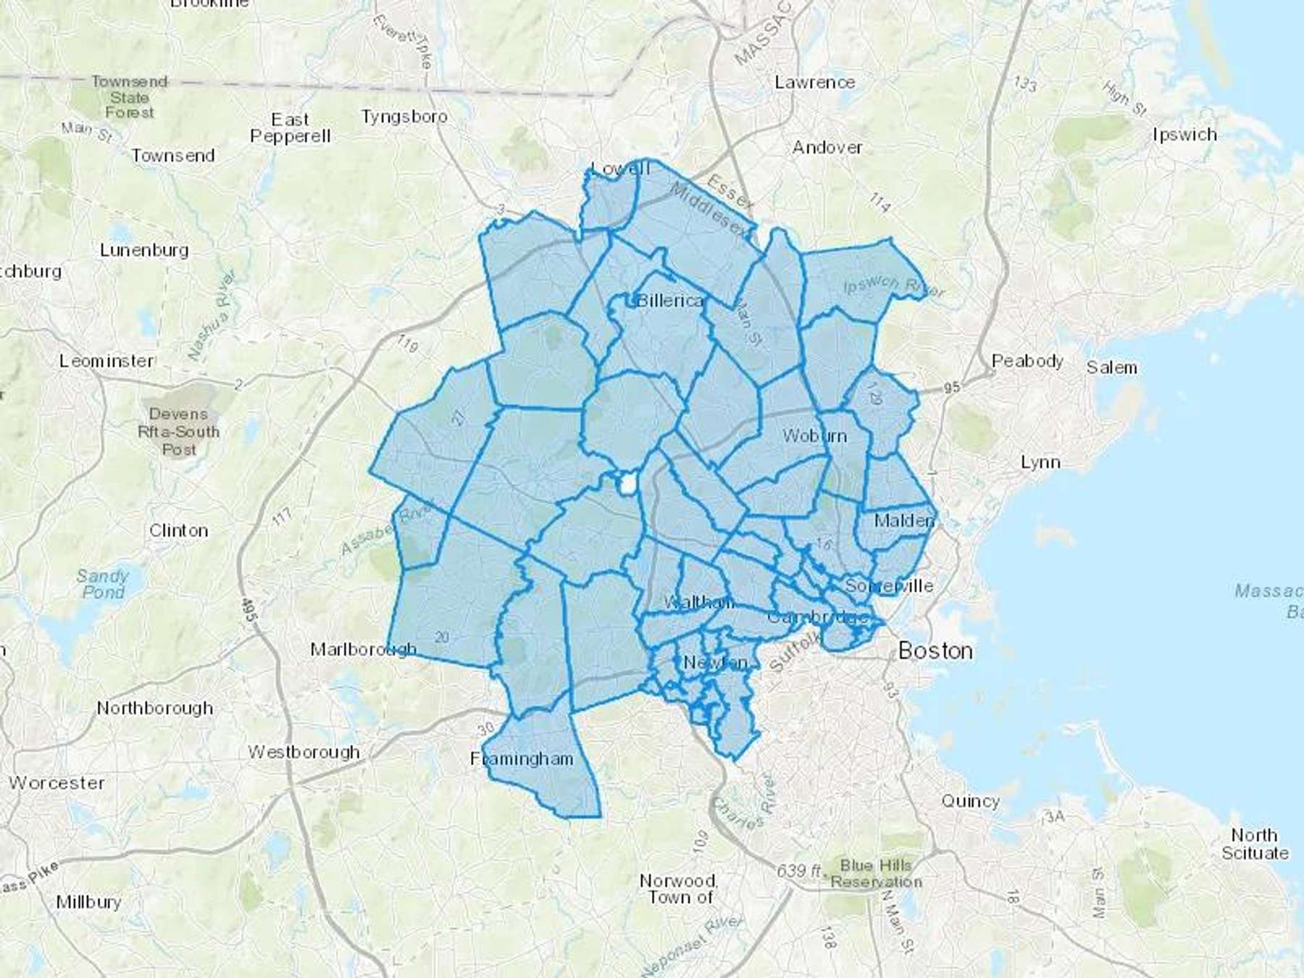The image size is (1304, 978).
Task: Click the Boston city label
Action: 935,651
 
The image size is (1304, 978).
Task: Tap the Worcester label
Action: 57,782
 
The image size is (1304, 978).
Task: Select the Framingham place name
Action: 522,758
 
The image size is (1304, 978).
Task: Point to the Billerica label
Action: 670,300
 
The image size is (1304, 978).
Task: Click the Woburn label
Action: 814,435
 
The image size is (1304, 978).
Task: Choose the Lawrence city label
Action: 814,82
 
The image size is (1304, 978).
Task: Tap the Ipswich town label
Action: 1184,134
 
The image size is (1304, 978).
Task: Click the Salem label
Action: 1111,367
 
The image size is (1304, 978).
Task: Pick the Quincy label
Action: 970,801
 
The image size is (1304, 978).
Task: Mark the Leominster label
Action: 106,360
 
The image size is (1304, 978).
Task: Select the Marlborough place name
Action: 363,648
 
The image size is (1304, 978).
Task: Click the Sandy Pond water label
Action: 102,584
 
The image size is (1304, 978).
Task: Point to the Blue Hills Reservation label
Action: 876,873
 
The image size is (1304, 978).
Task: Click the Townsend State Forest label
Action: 130,97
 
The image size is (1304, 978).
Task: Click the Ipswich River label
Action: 894,286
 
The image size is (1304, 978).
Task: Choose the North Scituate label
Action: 1255,843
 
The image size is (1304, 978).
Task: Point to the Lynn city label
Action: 1040,461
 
